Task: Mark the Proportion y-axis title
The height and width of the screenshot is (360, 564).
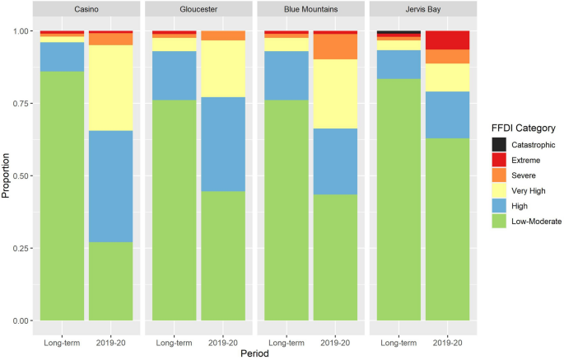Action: point(7,175)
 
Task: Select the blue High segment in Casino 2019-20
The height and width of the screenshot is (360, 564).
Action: point(110,186)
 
